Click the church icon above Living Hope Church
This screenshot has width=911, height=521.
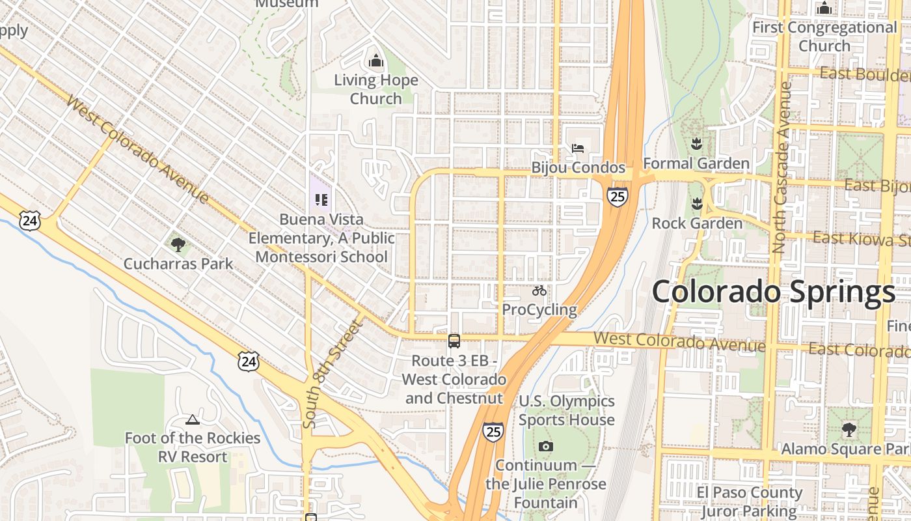[375, 61]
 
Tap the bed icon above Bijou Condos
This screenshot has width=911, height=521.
[578, 148]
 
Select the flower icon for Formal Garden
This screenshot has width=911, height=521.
[697, 143]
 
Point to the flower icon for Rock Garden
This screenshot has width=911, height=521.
[697, 203]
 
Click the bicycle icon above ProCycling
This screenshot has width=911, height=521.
[539, 290]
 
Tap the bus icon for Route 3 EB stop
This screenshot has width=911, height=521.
[454, 341]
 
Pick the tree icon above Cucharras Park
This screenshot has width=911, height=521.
[178, 245]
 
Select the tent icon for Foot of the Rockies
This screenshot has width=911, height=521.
[192, 419]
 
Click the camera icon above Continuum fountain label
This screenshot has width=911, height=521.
[546, 446]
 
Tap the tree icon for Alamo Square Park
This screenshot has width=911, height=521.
[849, 430]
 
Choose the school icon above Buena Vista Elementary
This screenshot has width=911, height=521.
[321, 200]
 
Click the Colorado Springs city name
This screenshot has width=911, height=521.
[773, 292]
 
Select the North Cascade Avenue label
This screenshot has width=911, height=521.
[781, 167]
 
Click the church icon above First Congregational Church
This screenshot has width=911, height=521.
[824, 8]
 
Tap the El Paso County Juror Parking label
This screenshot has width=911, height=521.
[749, 501]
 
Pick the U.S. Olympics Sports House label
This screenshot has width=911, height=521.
[567, 410]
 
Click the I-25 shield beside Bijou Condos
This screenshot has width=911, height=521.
[618, 196]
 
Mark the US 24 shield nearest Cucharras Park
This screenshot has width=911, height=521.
[29, 221]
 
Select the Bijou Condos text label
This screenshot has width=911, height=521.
[578, 167]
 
